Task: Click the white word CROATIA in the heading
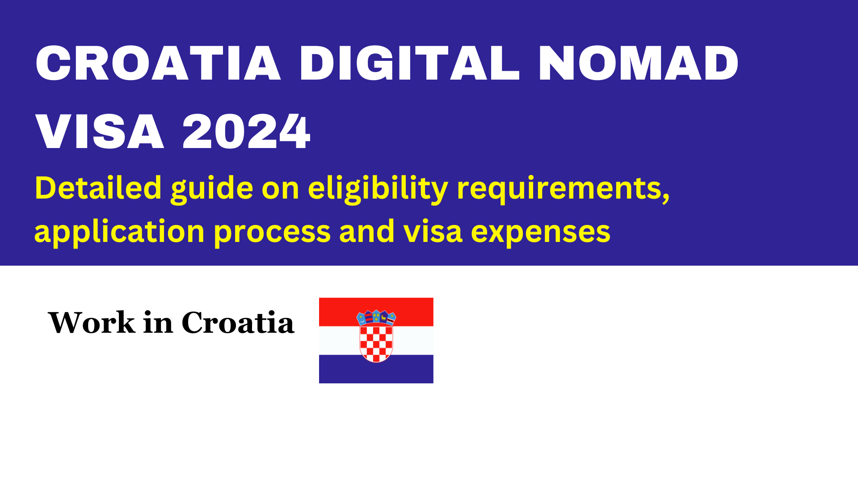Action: tap(158, 63)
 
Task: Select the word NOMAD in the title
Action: tap(639, 63)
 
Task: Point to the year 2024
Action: tap(246, 131)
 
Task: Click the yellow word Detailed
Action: tap(98, 188)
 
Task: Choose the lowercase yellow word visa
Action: tap(433, 231)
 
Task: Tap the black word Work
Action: tap(92, 322)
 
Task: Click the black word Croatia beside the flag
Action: tap(238, 322)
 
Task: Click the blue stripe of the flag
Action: tap(376, 369)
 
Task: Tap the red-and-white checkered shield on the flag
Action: tap(376, 343)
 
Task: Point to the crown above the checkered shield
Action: tap(376, 317)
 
